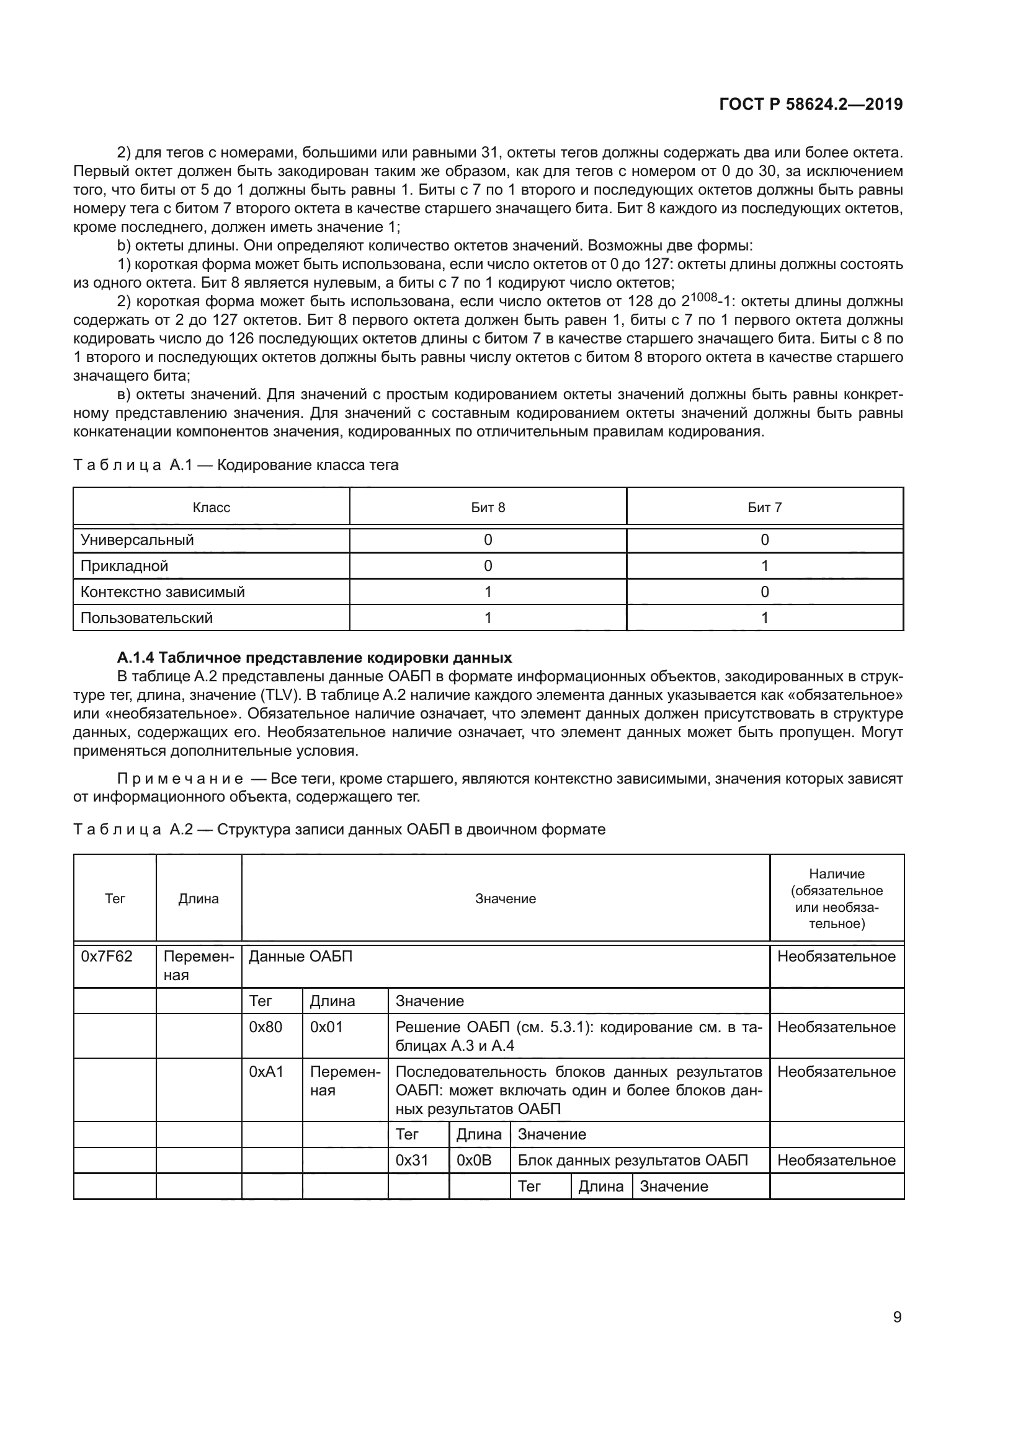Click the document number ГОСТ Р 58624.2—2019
811,104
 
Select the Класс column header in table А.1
211,507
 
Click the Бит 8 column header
488,507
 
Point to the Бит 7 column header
764,507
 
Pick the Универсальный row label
137,540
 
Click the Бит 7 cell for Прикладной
764,566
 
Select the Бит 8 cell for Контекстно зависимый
488,592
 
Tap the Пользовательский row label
146,617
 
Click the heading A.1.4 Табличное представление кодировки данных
314,657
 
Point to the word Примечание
181,779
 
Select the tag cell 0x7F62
107,956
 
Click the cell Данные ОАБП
301,956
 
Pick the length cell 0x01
327,1027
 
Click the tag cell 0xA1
266,1072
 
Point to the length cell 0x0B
474,1160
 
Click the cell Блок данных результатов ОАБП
632,1160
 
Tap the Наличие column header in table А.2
836,898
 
